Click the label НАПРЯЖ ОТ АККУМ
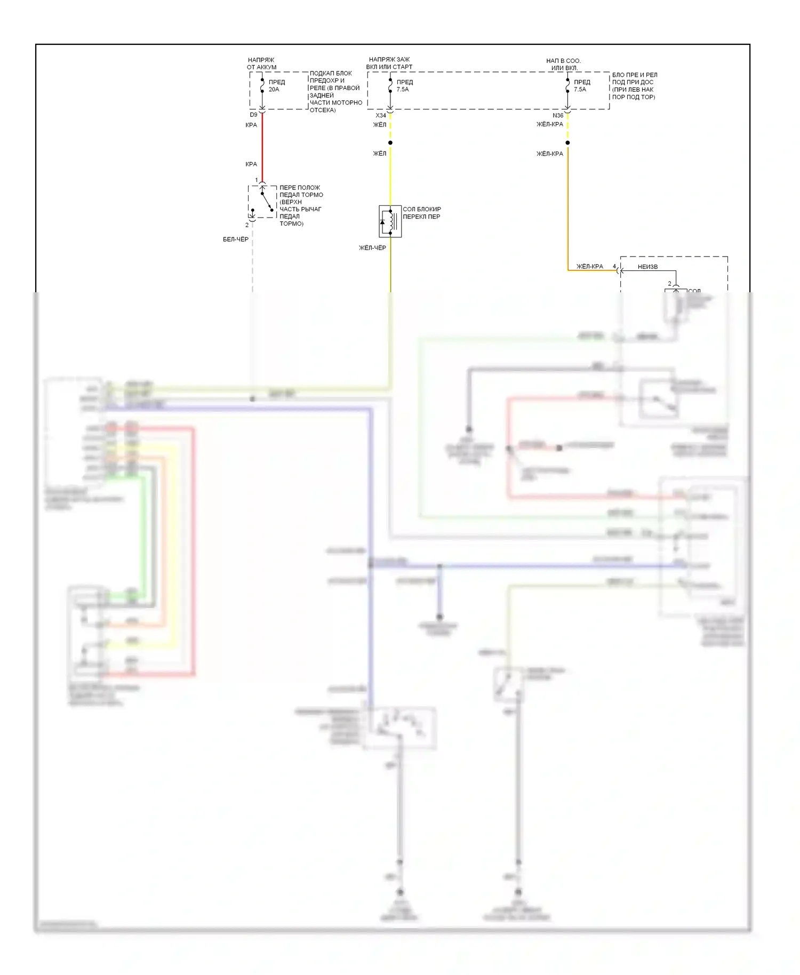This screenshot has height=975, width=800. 261,63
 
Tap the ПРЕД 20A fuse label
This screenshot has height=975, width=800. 276,85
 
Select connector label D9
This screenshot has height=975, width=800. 253,115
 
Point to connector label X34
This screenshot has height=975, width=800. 380,115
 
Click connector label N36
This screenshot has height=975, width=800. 557,115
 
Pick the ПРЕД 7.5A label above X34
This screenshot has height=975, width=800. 404,85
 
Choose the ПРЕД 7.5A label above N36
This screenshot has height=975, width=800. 581,85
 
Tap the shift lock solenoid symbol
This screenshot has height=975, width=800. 390,221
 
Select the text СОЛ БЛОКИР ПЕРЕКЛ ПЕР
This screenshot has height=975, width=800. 421,213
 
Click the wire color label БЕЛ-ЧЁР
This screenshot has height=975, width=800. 235,239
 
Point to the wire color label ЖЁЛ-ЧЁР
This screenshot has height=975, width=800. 372,247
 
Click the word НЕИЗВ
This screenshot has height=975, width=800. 647,267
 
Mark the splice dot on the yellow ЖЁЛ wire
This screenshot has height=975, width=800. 390,142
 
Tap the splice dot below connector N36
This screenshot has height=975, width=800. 567,142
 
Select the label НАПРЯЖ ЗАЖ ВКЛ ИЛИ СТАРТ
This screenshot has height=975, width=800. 389,63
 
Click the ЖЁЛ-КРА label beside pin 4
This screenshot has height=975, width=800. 589,267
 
